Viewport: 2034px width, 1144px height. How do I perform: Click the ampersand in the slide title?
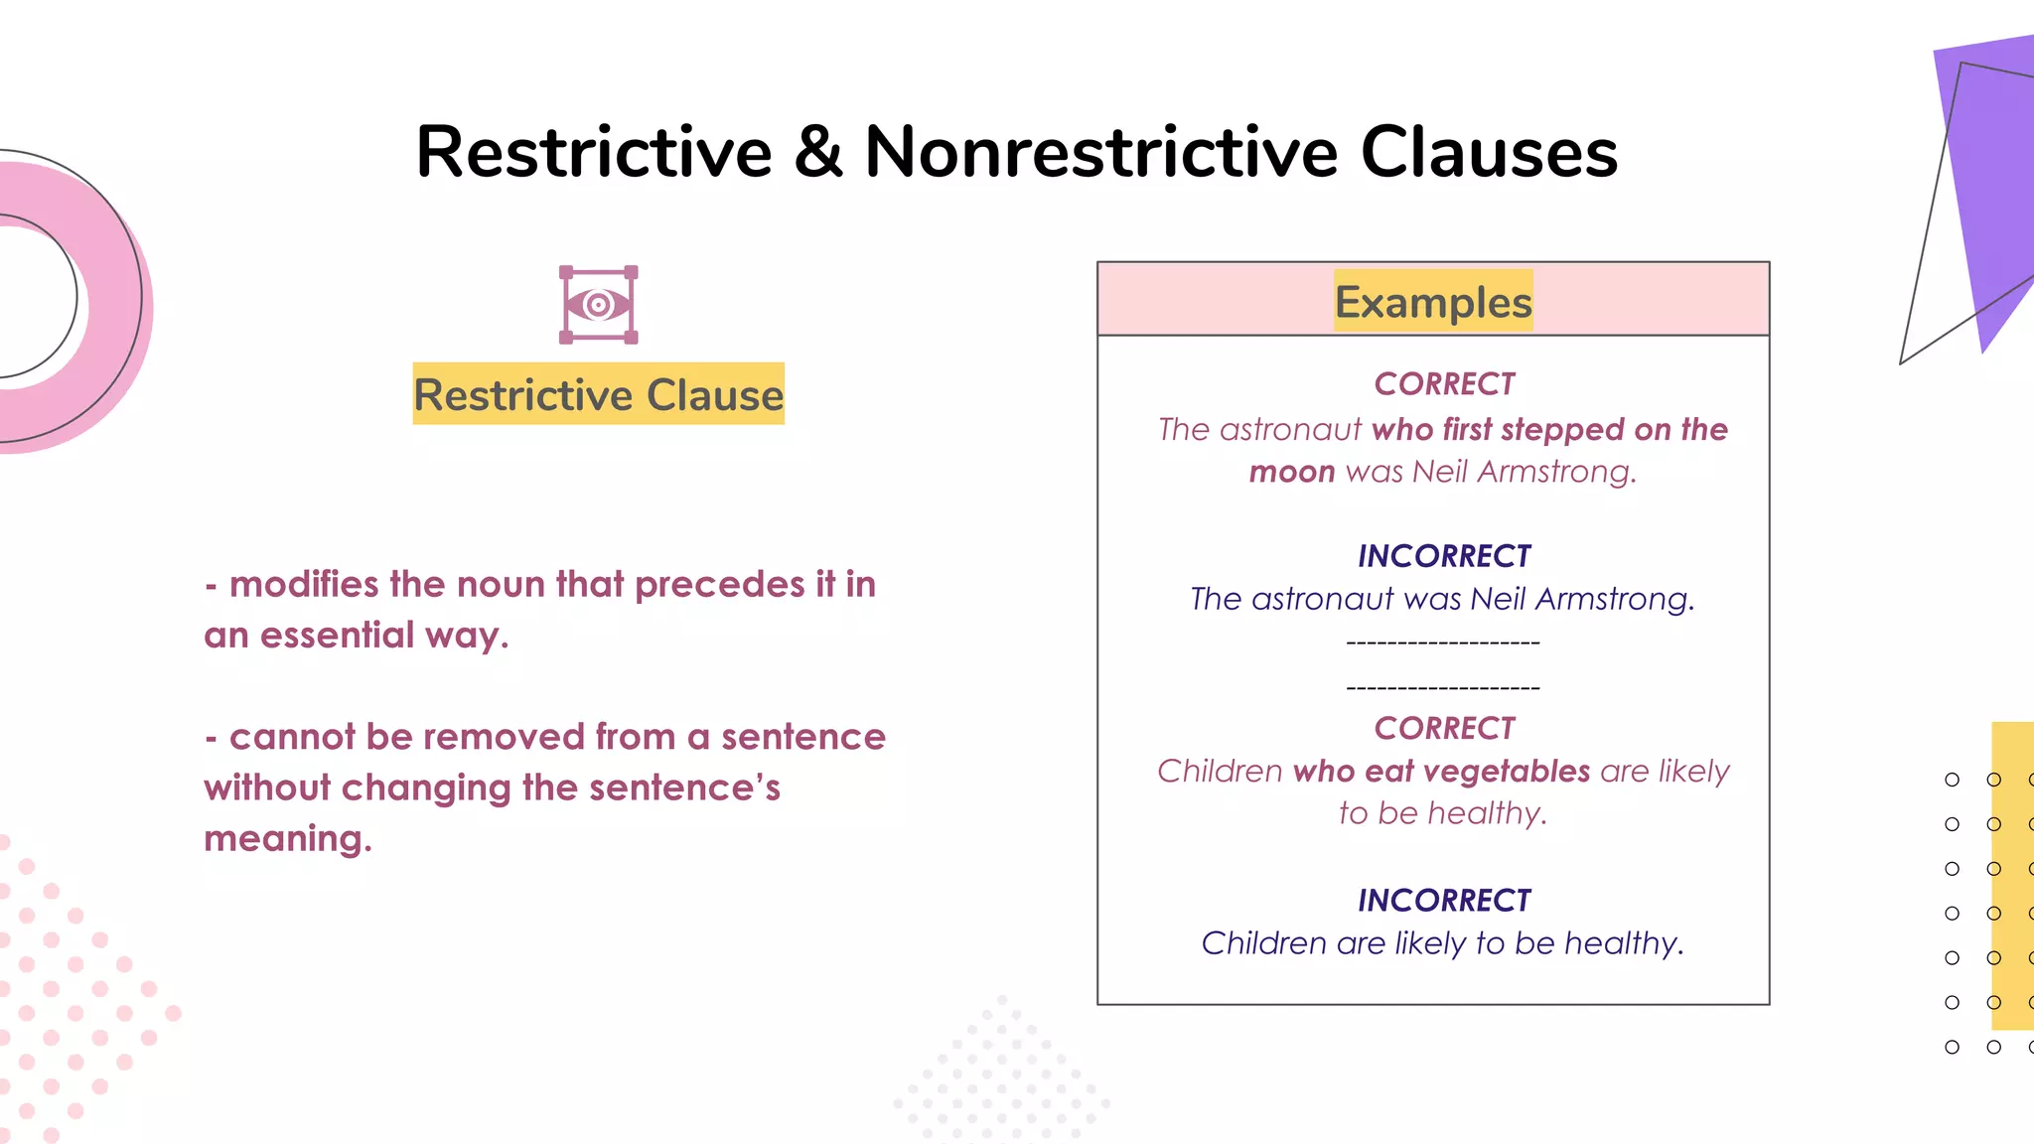click(818, 153)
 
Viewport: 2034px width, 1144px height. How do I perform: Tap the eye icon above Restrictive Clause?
click(598, 305)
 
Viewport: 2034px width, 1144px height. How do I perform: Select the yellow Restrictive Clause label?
click(598, 394)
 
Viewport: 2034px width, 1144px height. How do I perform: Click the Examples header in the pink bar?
click(1432, 302)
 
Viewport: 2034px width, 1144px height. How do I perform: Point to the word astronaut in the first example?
click(1290, 430)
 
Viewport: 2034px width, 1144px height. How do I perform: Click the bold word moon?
click(1291, 472)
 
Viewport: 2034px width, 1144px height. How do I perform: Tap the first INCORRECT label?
click(1443, 556)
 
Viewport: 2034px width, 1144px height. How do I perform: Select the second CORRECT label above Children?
click(1443, 729)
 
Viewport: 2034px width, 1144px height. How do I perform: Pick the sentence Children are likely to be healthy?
click(1442, 943)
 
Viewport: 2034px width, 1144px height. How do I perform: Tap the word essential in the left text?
click(337, 636)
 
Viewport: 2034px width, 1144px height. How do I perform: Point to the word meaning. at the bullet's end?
click(288, 839)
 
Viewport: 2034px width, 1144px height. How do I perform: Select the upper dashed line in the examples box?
click(1442, 643)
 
